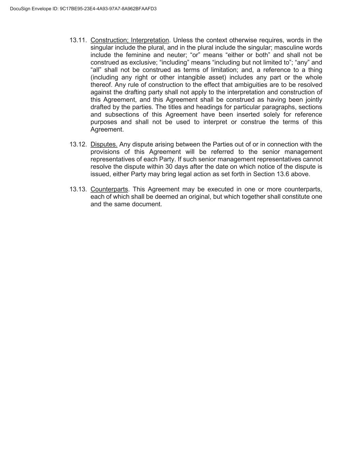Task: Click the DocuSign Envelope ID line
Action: point(83,9)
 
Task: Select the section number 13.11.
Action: point(78,40)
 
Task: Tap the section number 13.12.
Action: point(78,144)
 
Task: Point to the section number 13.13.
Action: point(78,189)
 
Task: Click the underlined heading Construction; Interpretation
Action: point(130,40)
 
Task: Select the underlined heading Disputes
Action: point(104,144)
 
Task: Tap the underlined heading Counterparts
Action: point(109,189)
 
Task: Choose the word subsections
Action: point(121,115)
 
